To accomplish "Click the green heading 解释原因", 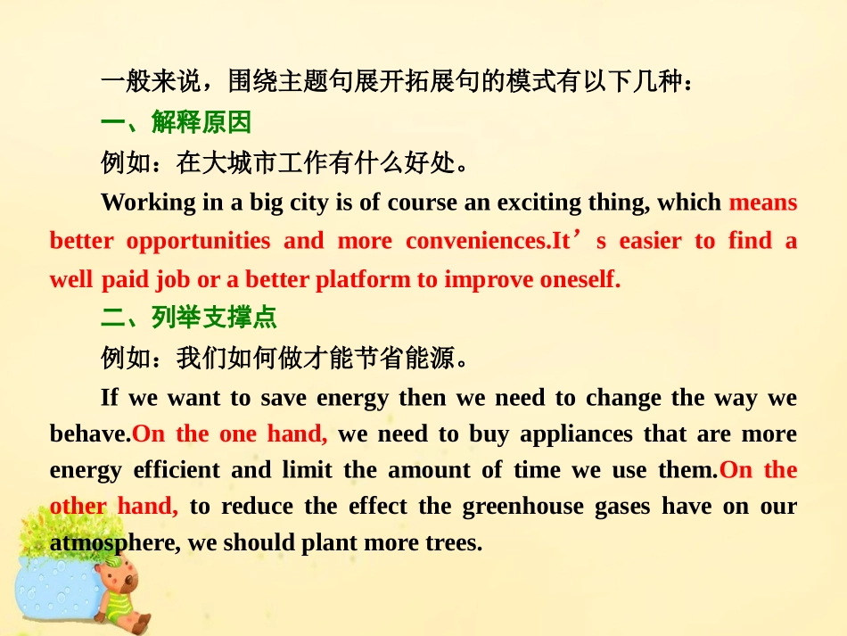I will (x=201, y=122).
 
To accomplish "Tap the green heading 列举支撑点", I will (x=214, y=318).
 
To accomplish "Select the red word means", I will (x=762, y=202).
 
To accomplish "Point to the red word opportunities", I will (x=198, y=241).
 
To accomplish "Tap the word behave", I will (x=89, y=434).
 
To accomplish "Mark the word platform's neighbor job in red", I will (x=173, y=279).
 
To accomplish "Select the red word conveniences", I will (x=474, y=241).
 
